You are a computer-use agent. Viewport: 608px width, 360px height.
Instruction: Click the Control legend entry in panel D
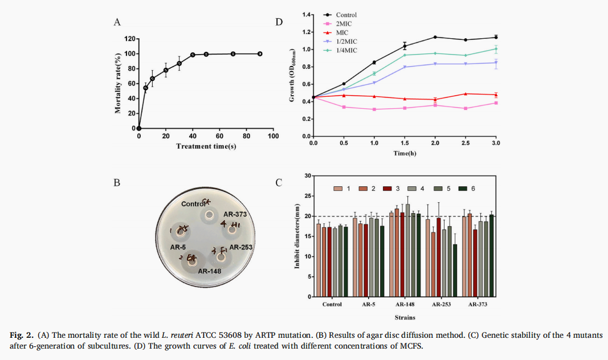point(346,15)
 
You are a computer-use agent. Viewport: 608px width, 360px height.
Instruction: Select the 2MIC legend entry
point(344,23)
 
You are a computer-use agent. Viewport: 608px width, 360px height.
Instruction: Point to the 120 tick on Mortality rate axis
point(129,39)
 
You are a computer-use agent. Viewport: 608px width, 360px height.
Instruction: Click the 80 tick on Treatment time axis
point(246,137)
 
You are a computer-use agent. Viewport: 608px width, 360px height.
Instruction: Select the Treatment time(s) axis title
point(206,146)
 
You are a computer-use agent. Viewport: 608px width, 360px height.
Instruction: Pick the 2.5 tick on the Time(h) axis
point(466,144)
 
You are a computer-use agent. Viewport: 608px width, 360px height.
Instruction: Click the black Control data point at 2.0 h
point(435,37)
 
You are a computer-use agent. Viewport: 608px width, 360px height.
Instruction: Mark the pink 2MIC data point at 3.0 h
point(496,103)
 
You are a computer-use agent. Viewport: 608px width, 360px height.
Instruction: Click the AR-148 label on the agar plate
point(210,271)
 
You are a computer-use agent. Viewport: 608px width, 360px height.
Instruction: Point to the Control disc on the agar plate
point(209,215)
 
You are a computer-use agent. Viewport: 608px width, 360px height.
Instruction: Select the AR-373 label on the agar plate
point(234,214)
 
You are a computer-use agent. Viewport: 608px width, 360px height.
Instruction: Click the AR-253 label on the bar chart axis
point(442,304)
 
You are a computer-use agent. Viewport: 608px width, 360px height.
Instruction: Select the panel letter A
point(117,22)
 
